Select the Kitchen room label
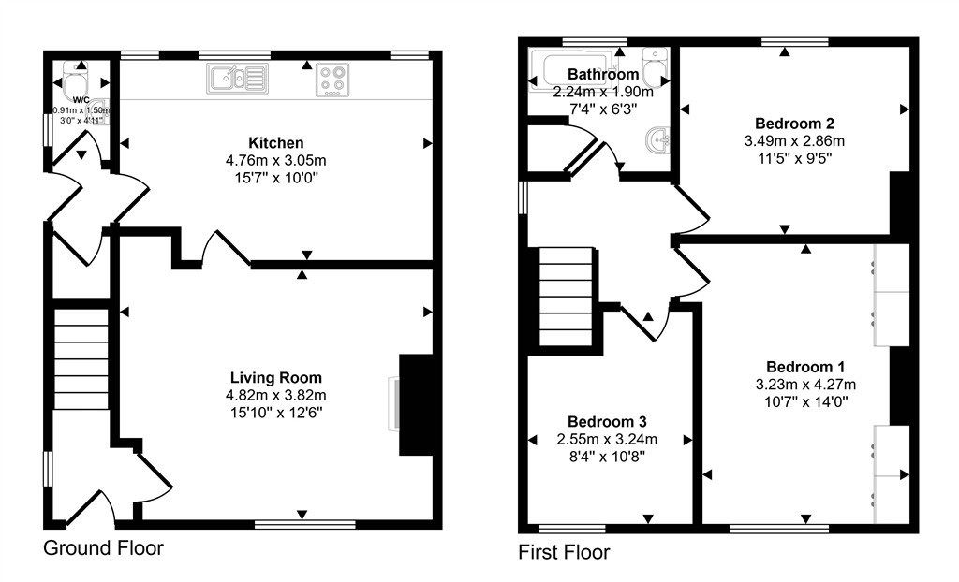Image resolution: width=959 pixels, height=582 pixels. click(275, 143)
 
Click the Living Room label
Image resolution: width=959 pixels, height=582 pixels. click(276, 378)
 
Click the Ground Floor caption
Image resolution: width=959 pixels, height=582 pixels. click(103, 548)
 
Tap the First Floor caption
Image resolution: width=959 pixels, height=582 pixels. click(564, 553)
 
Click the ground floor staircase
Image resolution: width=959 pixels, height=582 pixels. click(80, 361)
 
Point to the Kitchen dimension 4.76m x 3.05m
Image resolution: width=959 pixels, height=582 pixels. click(275, 160)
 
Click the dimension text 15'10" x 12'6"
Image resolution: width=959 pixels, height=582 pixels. click(276, 412)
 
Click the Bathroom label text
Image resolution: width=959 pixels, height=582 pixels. click(603, 74)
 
